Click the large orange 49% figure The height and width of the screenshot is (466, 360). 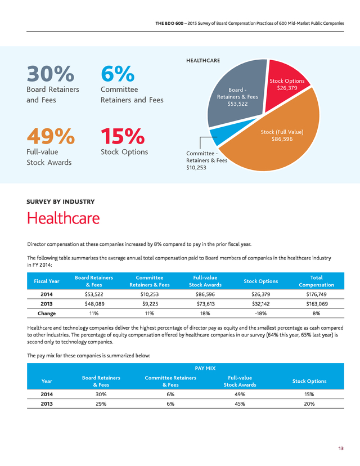coord(51,136)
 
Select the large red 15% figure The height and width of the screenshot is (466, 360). coord(123,136)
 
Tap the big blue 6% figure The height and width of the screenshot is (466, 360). coord(118,74)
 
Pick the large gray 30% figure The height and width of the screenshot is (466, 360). coord(50,74)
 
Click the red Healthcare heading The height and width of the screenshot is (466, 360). coord(63,218)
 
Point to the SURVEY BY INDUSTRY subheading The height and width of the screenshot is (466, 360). coord(61,201)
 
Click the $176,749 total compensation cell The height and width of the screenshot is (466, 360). coord(316,294)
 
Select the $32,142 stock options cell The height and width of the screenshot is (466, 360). coord(261,304)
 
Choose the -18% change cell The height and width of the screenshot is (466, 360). coord(261,313)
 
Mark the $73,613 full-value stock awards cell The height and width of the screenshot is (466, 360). coord(205,304)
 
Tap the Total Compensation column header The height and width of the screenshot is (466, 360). coord(316,281)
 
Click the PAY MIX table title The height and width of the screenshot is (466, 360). coord(205,368)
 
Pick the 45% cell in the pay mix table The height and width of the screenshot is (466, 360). coord(240,404)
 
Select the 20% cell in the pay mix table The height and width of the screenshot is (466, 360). coord(309,404)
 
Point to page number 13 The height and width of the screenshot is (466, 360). coord(341,449)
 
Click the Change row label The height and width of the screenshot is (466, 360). coord(47,313)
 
